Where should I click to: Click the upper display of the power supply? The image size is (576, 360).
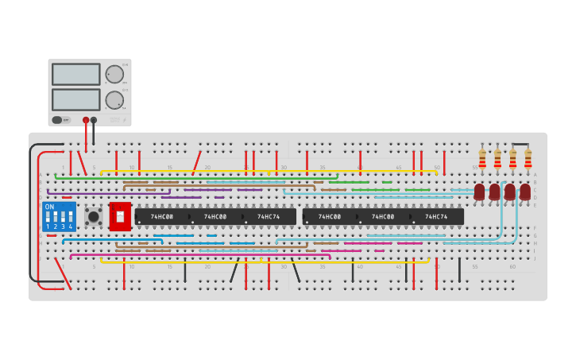click(x=76, y=74)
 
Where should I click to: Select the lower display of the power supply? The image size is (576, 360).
click(x=76, y=99)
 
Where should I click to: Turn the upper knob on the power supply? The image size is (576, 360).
click(x=114, y=74)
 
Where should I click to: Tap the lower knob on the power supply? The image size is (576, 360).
click(x=114, y=100)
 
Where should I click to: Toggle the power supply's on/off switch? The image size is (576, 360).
click(x=57, y=120)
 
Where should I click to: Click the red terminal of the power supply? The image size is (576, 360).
click(x=86, y=120)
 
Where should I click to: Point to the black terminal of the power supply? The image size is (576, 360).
click(x=94, y=120)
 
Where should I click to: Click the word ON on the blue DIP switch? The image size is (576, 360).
click(x=49, y=207)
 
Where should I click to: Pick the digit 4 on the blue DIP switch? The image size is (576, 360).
click(x=71, y=226)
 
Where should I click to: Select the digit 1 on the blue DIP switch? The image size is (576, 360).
click(x=48, y=226)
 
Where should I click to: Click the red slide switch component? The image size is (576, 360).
click(x=120, y=216)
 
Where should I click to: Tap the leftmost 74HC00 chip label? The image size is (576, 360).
click(x=162, y=216)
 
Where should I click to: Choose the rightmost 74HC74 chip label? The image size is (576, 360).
click(x=436, y=216)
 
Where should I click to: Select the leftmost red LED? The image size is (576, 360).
click(x=479, y=192)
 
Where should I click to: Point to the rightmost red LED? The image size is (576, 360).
click(x=525, y=192)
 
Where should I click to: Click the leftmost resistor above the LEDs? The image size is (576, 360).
click(x=482, y=158)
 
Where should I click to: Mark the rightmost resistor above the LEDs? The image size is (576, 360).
click(x=528, y=158)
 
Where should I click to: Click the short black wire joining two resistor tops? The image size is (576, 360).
click(x=520, y=144)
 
